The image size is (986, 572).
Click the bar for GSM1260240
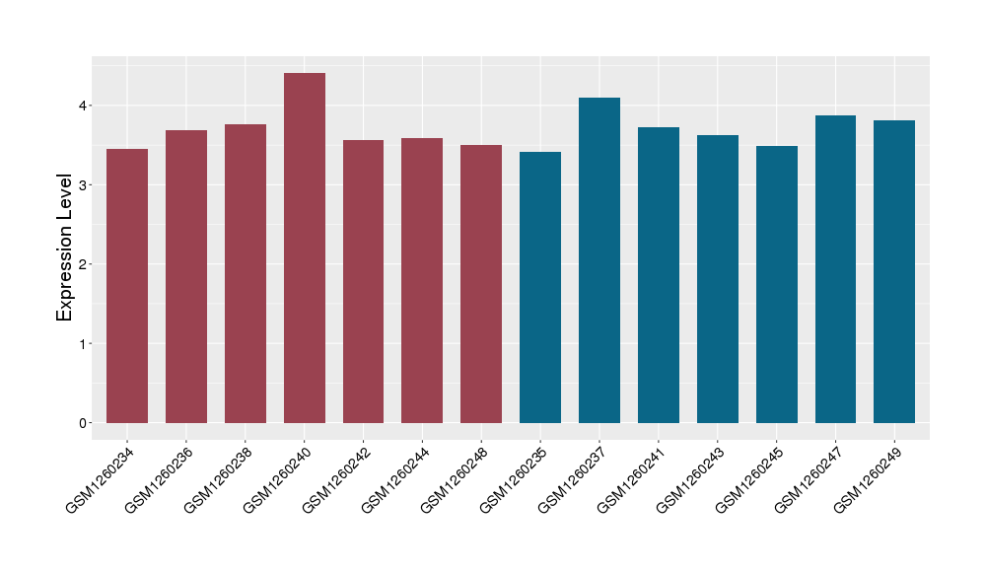point(305,249)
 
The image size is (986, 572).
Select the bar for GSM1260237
point(599,260)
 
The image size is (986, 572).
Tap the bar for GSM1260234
point(127,286)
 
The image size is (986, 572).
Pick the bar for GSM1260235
point(540,287)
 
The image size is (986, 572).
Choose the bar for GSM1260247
point(835,269)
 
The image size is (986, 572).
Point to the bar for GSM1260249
point(894,271)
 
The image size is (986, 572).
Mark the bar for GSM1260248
point(481,284)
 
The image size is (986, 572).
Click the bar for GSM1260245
point(777,284)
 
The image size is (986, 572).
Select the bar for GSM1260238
point(246,273)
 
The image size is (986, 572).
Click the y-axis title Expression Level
point(65,248)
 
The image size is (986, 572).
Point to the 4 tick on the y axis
point(84,106)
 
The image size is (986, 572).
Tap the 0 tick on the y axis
point(84,423)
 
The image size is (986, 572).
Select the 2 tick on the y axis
point(84,264)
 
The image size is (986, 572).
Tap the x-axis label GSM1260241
point(632,479)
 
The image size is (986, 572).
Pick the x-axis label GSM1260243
point(691,479)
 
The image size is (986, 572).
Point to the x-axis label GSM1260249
point(869,479)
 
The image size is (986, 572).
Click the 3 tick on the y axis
point(84,185)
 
